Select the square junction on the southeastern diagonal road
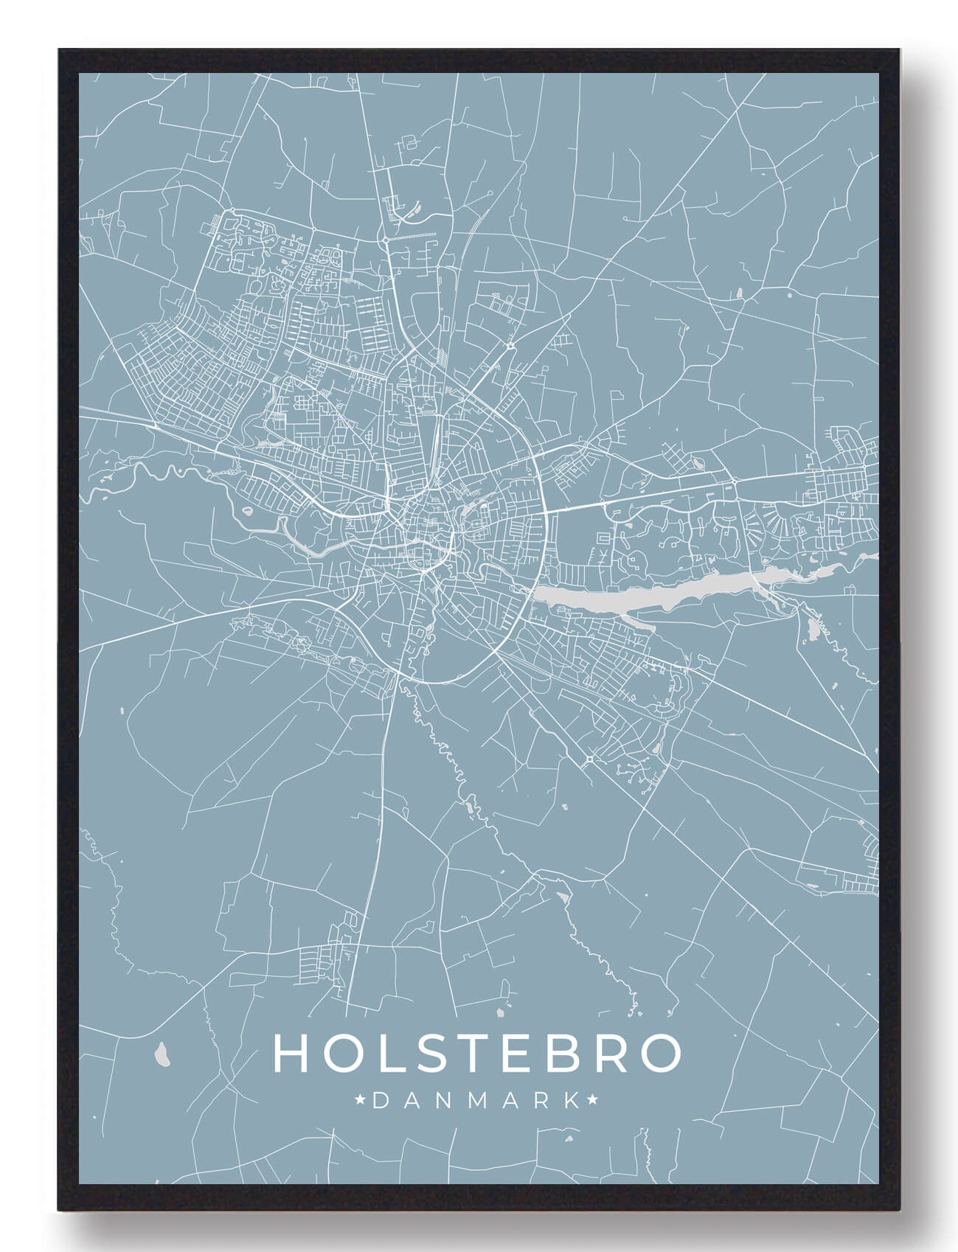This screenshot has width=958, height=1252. point(589,759)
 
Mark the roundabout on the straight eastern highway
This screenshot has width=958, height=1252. point(735,481)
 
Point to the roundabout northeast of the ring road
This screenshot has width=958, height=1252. point(510,344)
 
